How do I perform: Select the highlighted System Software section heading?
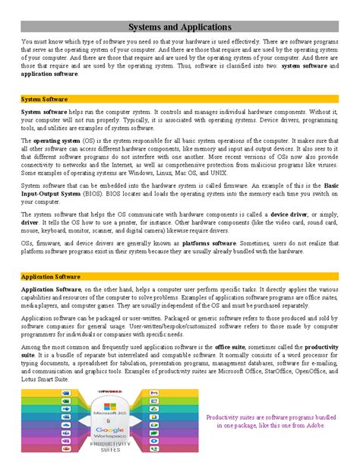pyautogui.click(x=45, y=100)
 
